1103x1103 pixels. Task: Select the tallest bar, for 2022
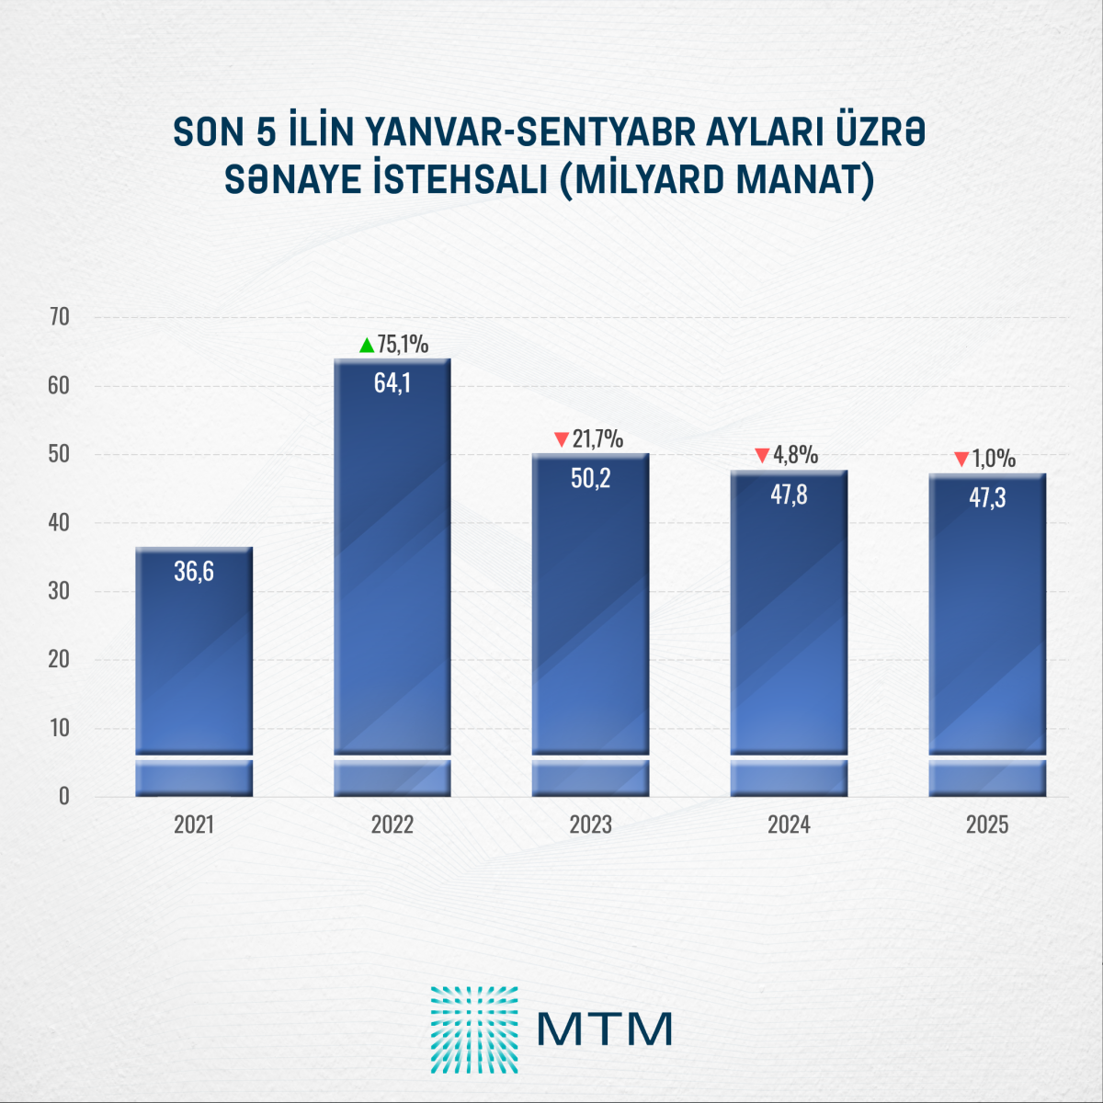pos(392,570)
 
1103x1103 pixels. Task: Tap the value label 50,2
pos(591,478)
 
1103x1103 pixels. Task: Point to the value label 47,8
pos(789,495)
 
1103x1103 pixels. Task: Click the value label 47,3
pos(987,498)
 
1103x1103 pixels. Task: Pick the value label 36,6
pos(194,572)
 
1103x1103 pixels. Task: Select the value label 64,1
pos(392,383)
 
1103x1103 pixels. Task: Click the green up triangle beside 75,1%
pos(367,346)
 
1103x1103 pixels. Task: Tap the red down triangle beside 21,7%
pos(561,440)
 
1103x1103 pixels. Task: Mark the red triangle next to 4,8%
pos(762,455)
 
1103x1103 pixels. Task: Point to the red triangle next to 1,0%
pos(961,459)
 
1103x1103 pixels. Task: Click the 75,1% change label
pos(403,345)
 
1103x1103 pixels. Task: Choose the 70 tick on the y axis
pos(59,317)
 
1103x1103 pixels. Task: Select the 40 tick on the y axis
pos(59,523)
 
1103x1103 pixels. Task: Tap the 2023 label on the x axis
pos(591,824)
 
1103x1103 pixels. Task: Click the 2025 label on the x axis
pos(987,824)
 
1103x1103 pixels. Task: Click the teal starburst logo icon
pos(474,1029)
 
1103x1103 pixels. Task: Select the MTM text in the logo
pos(605,1029)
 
